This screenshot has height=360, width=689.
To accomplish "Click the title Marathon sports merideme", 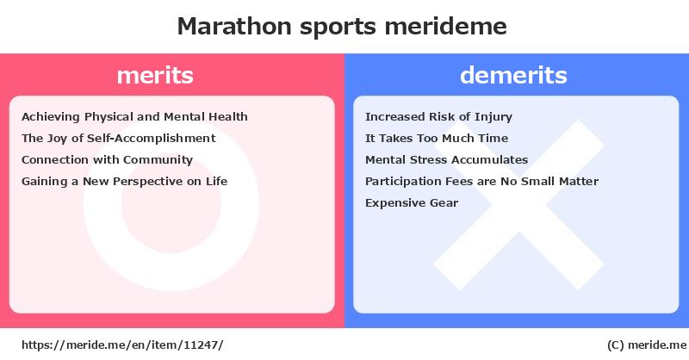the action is tap(342, 26).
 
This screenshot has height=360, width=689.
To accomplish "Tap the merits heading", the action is tap(155, 75).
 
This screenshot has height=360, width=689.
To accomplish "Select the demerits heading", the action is tap(513, 75).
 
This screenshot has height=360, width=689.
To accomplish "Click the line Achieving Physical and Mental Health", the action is tap(134, 117).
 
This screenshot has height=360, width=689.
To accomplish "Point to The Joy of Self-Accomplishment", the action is tap(119, 139).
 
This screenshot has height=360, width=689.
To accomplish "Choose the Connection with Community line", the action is tap(107, 160).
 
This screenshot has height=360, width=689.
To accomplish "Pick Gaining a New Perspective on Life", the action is tap(124, 182).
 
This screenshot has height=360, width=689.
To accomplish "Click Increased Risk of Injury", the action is tap(438, 117).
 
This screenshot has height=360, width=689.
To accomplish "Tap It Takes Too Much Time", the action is tap(437, 139).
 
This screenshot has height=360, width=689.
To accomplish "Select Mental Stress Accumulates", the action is tap(446, 159).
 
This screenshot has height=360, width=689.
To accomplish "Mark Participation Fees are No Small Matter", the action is tap(481, 181).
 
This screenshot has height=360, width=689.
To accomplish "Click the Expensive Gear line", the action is tap(412, 203).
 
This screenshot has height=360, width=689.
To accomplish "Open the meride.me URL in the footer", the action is tap(122, 345).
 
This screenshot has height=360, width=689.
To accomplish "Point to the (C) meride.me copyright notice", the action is tap(647, 345).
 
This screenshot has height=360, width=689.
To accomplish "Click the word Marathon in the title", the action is tap(234, 26).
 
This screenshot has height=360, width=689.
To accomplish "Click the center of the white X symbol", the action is tap(519, 205).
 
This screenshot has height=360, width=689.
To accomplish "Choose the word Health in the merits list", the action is tap(227, 117).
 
